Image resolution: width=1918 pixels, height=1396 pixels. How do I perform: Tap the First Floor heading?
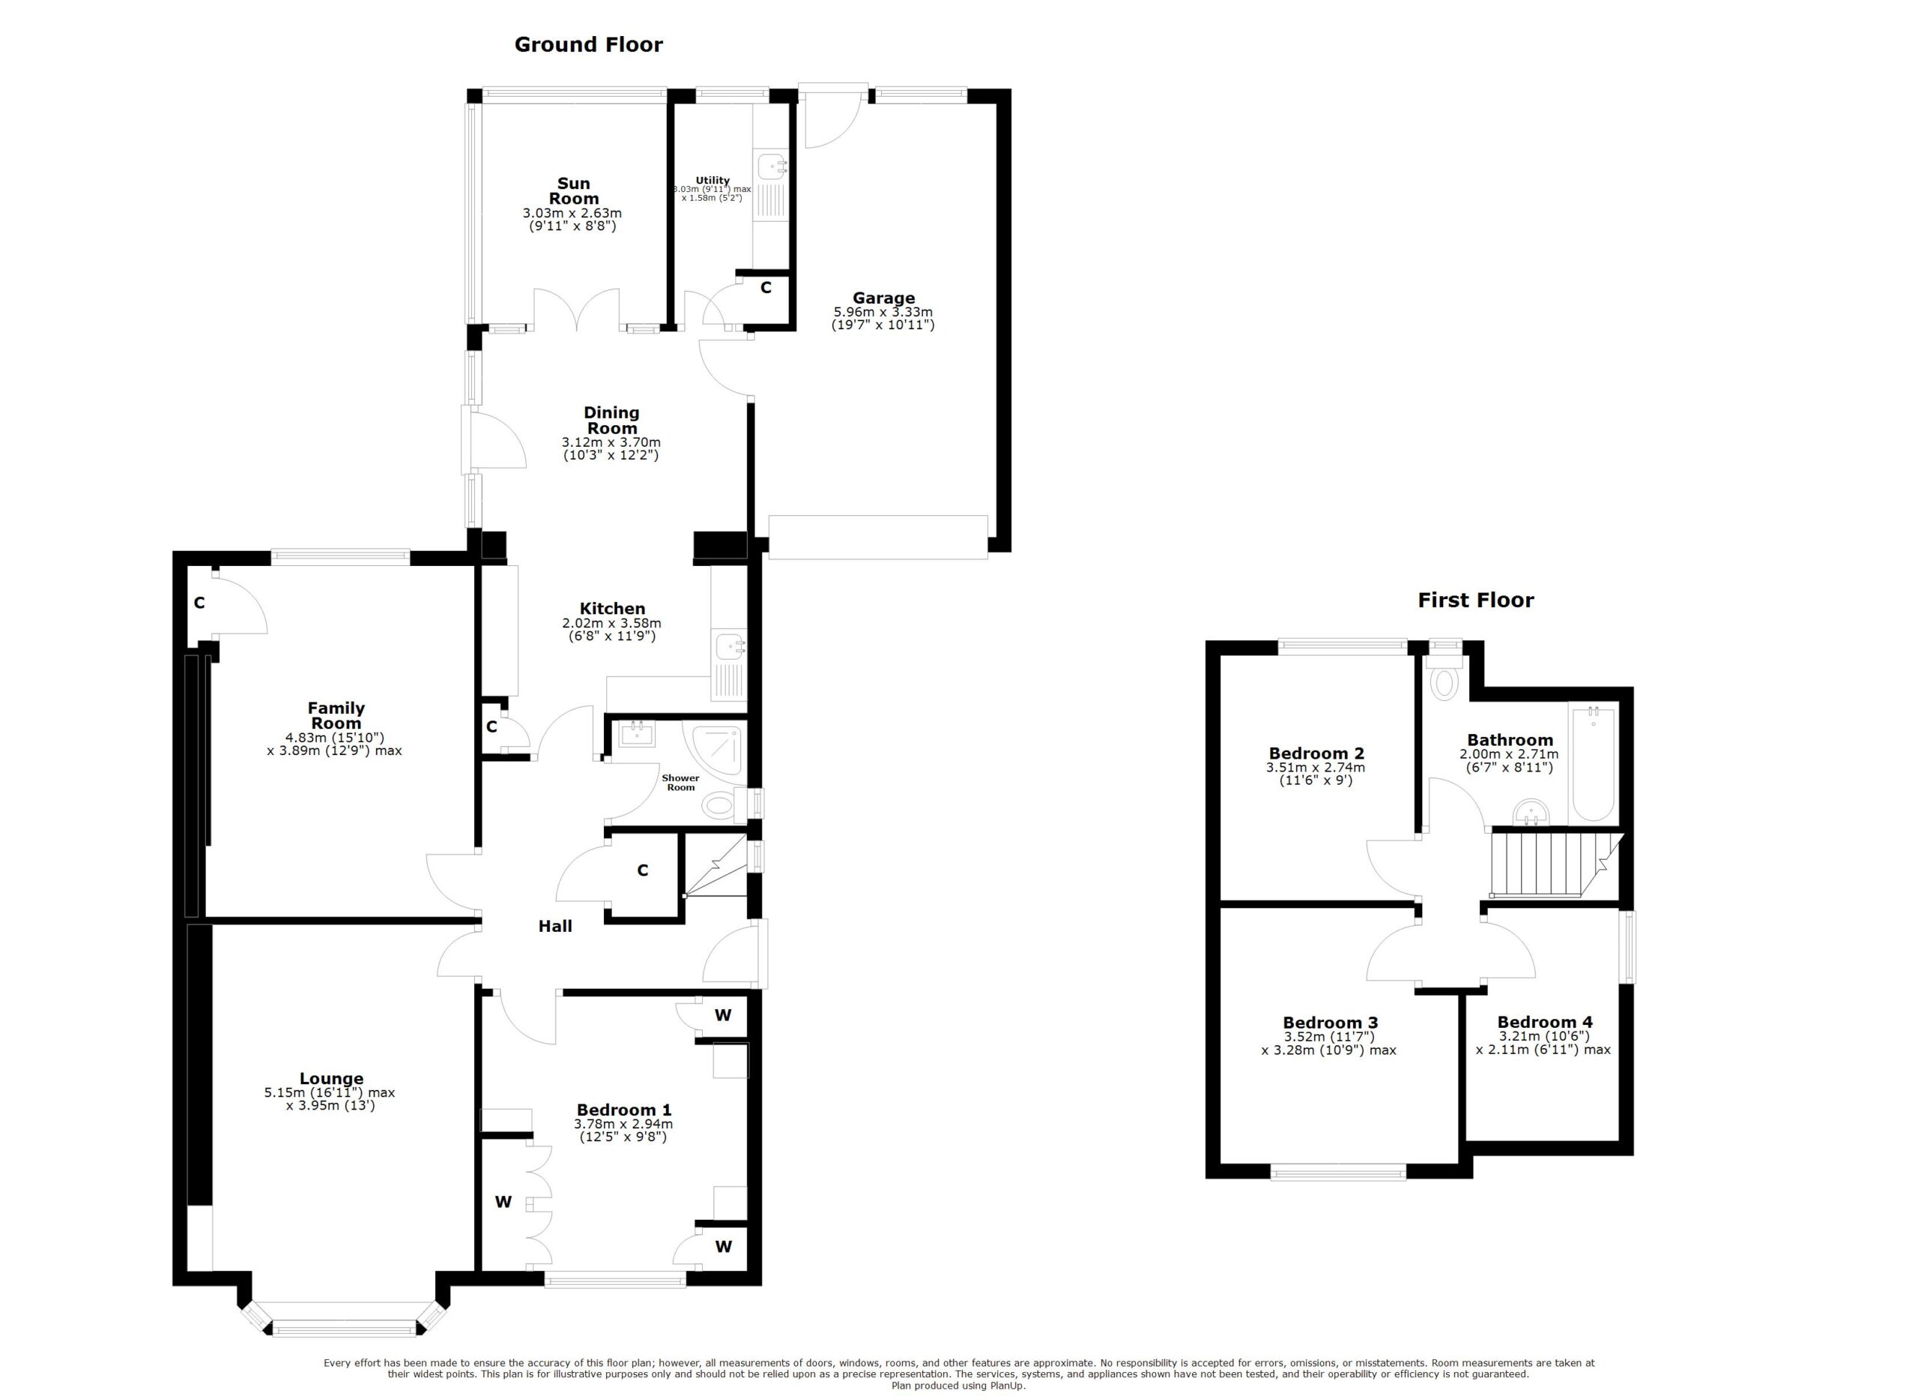[x=1475, y=600]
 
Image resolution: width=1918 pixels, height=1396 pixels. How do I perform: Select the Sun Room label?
[x=573, y=191]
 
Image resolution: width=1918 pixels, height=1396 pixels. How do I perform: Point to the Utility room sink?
[x=771, y=166]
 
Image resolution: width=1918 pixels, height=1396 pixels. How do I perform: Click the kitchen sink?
[x=729, y=648]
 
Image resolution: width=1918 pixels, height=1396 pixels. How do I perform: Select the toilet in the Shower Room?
[x=719, y=804]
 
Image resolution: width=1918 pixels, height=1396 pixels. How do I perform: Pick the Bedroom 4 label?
[x=1544, y=1022]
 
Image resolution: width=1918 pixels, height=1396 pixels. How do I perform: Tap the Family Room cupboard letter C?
[x=199, y=604]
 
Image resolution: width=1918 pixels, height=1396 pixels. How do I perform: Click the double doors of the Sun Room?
[x=578, y=310]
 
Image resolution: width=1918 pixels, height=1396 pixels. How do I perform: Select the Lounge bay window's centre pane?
[x=346, y=1331]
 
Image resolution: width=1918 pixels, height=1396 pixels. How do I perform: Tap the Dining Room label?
[x=611, y=421]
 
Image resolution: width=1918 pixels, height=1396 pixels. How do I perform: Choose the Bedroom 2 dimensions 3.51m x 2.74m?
[x=1315, y=768]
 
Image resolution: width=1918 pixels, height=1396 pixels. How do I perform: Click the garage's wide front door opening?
[x=877, y=538]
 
